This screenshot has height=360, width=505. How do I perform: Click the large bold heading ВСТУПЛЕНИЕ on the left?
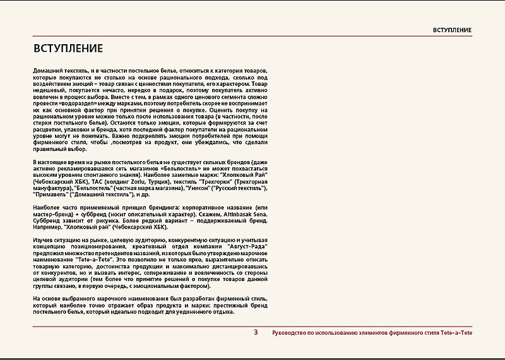pos(68,48)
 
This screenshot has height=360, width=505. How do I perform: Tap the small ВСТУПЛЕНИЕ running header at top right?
pos(452,30)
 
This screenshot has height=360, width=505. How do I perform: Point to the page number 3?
pos(255,332)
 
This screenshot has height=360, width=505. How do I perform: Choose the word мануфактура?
pos(52,188)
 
